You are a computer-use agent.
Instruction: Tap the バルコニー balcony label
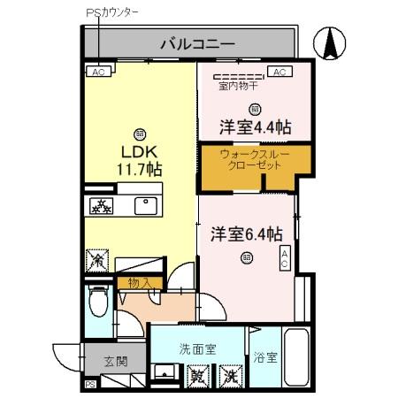[x=196, y=42]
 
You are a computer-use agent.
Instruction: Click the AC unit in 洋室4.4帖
[x=279, y=73]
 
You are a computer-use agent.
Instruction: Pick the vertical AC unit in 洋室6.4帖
[x=285, y=258]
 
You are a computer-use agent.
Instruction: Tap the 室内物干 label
[x=239, y=87]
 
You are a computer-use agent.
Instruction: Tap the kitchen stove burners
[x=101, y=207]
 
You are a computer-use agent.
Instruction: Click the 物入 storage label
[x=139, y=282]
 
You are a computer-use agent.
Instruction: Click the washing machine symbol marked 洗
[x=230, y=376]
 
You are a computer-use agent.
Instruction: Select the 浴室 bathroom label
[x=266, y=358]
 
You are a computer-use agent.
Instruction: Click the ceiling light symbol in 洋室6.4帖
[x=246, y=257]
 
